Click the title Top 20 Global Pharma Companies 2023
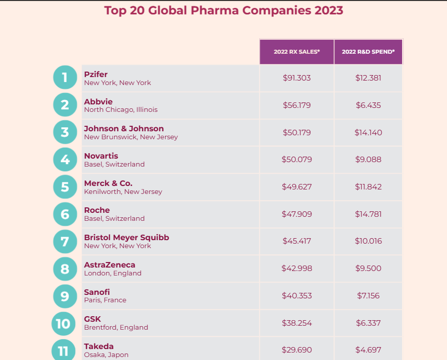click(223, 10)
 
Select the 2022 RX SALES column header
click(296, 52)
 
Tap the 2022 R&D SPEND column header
click(368, 52)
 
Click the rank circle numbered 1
click(65, 78)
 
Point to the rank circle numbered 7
click(65, 241)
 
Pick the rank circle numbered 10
click(64, 324)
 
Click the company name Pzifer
click(96, 74)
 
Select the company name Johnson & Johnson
click(123, 129)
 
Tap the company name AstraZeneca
click(110, 265)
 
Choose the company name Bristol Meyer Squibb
click(126, 238)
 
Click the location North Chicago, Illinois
click(120, 109)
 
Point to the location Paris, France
click(105, 300)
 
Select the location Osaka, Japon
click(106, 355)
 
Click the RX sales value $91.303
click(297, 78)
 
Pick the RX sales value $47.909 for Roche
click(297, 214)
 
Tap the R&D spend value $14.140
click(368, 133)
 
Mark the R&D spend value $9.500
click(368, 269)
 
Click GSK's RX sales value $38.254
click(297, 323)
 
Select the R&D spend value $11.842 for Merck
click(368, 187)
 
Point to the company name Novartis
click(101, 156)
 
